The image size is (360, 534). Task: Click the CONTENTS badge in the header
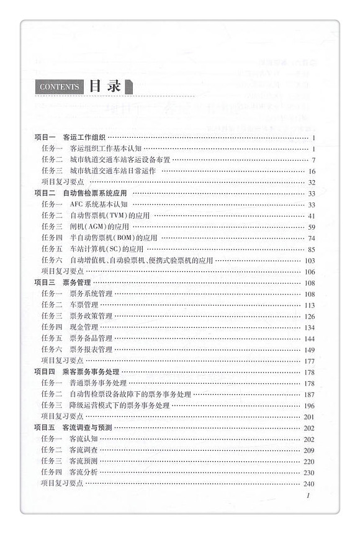[x=59, y=87]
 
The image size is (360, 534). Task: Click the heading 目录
[x=104, y=86]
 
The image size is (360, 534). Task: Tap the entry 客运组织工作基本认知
[x=106, y=148]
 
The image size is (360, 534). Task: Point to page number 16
[x=312, y=171]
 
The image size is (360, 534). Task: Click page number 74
[x=312, y=238]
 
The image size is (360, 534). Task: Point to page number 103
[x=310, y=261]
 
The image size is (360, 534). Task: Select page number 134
[x=310, y=328]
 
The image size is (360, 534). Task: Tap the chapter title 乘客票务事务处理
[x=91, y=372]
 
